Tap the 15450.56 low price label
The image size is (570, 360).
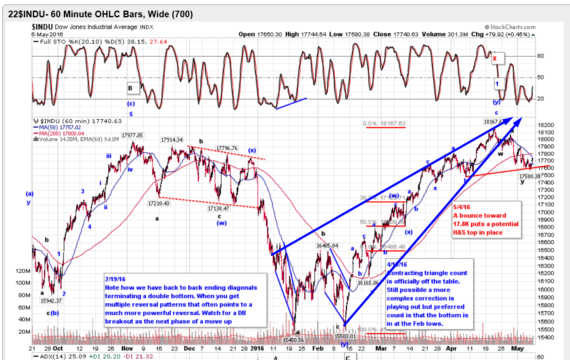[x=293, y=340]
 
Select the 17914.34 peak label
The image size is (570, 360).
[x=172, y=140]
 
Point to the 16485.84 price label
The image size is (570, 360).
[x=328, y=246]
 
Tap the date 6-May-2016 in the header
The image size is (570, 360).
[x=47, y=34]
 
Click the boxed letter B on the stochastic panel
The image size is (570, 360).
[x=130, y=88]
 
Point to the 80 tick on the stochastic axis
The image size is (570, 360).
[x=540, y=56]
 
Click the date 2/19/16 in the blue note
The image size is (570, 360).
[x=115, y=280]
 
